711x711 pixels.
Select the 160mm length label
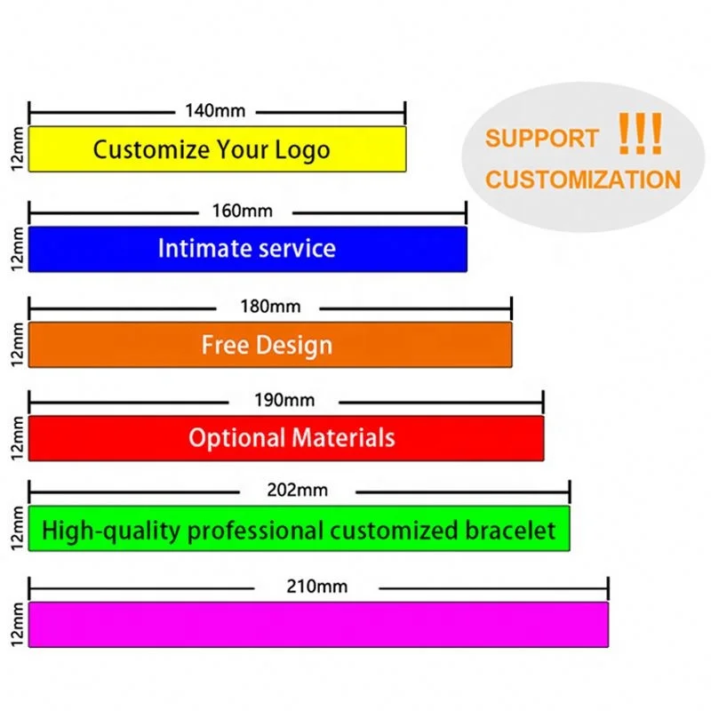[243, 212]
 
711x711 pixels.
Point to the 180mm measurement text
[270, 308]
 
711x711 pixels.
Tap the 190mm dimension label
[284, 401]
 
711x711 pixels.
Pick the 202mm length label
[297, 490]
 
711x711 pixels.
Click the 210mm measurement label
[318, 587]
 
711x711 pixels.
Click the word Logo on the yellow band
[302, 149]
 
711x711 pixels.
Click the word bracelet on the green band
[511, 531]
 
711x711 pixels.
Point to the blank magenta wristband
[318, 624]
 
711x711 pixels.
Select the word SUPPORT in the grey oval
[541, 139]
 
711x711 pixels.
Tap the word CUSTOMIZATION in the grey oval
[582, 180]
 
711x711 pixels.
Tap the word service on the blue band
[297, 248]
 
